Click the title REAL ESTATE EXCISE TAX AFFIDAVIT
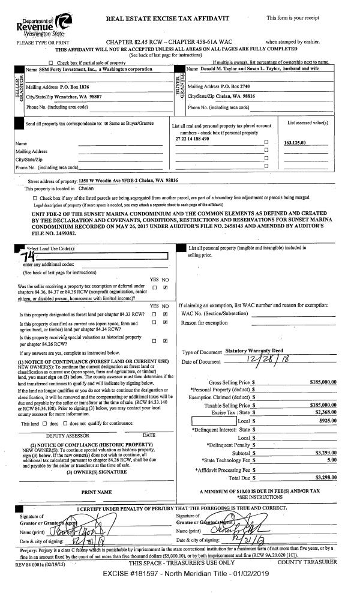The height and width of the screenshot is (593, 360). click(x=167, y=19)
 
